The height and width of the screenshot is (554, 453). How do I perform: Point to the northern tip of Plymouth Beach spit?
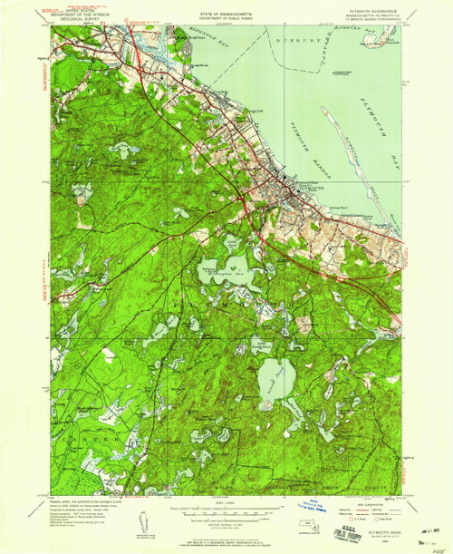click(x=323, y=108)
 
